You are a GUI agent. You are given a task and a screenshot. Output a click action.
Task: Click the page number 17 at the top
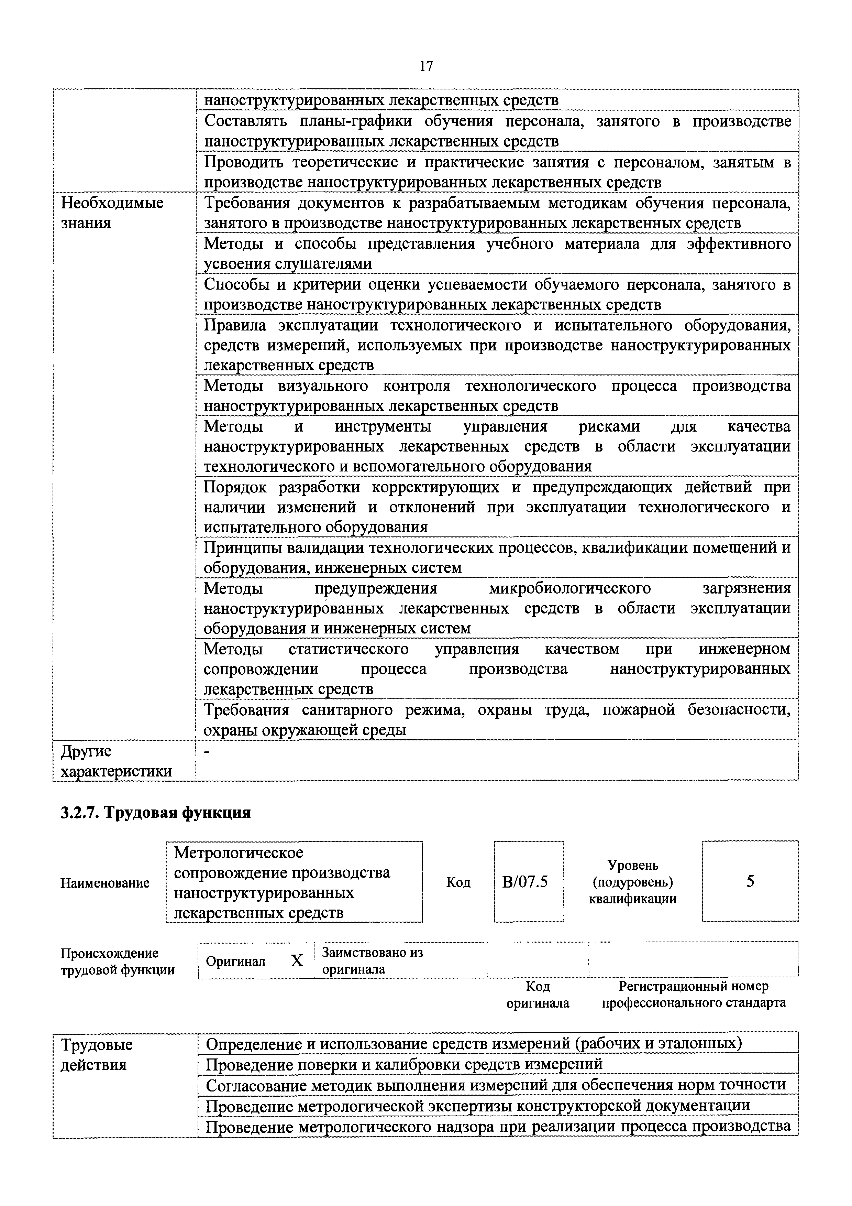pos(426,66)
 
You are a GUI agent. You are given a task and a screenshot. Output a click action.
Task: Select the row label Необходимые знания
pos(112,213)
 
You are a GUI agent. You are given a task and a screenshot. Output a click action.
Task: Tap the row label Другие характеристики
pos(116,761)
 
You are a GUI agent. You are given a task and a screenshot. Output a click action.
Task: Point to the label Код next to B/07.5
pos(458,882)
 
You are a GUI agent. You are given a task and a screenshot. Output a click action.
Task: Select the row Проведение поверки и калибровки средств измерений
pos(404,1065)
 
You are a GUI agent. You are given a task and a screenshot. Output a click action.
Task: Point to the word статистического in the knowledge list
pos(348,649)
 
